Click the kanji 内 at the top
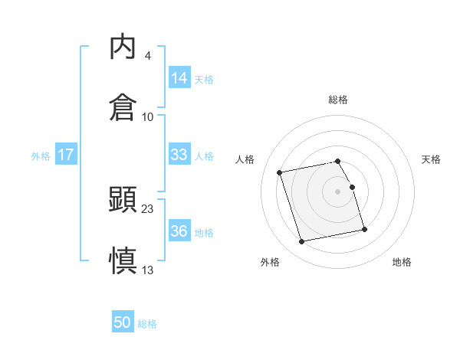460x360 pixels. tap(123, 47)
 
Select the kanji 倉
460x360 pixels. tap(123, 107)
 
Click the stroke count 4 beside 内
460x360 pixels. tap(147, 56)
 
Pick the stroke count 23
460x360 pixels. tap(148, 208)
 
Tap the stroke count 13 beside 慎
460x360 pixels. tap(148, 269)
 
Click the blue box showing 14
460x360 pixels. tap(179, 78)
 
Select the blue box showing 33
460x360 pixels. tap(179, 155)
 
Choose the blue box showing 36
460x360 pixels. tap(179, 231)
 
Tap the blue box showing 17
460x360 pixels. tap(66, 155)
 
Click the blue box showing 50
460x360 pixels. tap(123, 323)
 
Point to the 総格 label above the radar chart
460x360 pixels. tap(338, 100)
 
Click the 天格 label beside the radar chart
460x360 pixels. tap(432, 159)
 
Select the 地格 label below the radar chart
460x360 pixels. tap(402, 262)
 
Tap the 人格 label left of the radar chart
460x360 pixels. tap(245, 159)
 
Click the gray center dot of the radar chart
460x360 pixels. tap(338, 191)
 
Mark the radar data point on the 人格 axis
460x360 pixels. tap(280, 172)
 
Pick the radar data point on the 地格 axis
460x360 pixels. tap(364, 229)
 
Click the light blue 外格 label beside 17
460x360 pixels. tap(41, 155)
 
